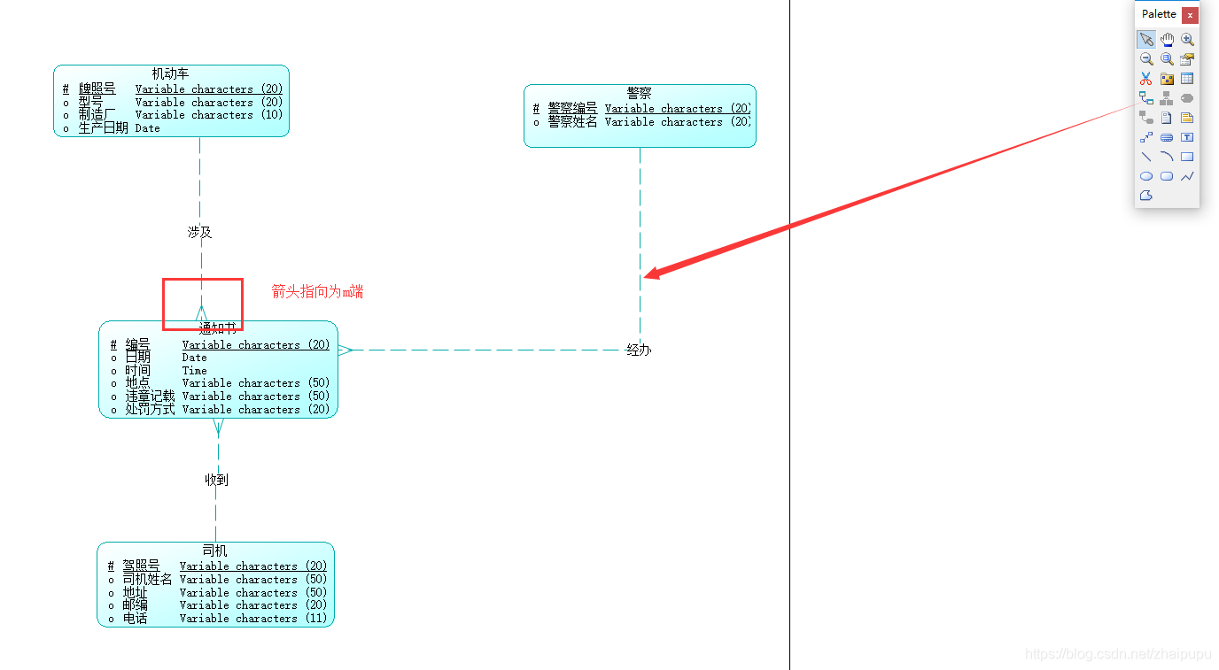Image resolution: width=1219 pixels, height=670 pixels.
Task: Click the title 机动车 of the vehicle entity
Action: coord(170,73)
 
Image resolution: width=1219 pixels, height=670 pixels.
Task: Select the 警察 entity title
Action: coord(639,93)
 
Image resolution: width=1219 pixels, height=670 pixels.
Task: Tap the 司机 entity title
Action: coord(214,551)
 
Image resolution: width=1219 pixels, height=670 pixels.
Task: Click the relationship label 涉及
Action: coord(199,232)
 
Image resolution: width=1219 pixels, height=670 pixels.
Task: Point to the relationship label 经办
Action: coord(639,350)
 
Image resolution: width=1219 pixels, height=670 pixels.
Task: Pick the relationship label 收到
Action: coord(217,480)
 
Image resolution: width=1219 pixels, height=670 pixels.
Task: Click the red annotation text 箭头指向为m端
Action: coord(317,292)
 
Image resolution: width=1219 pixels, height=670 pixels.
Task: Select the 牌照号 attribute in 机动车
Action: coord(97,89)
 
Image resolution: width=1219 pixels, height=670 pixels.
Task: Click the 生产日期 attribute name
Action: coord(103,128)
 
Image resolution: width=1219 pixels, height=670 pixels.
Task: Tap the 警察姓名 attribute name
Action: coord(572,122)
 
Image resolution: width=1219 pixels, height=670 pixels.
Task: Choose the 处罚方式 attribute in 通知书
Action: coord(150,410)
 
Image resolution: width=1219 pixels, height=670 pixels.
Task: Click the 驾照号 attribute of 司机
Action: coord(141,566)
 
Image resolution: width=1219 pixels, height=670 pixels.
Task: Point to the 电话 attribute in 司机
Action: coord(135,619)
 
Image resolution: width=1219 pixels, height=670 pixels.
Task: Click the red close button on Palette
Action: coord(1190,15)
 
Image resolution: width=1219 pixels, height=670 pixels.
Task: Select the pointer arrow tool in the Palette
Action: coord(1146,40)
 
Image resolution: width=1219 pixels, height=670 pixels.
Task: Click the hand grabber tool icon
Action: coord(1167,40)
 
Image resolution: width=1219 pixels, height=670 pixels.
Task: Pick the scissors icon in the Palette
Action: coord(1146,79)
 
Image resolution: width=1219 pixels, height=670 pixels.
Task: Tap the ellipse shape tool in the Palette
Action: coord(1146,176)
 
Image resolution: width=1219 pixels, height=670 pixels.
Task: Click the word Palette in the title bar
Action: coord(1159,14)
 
